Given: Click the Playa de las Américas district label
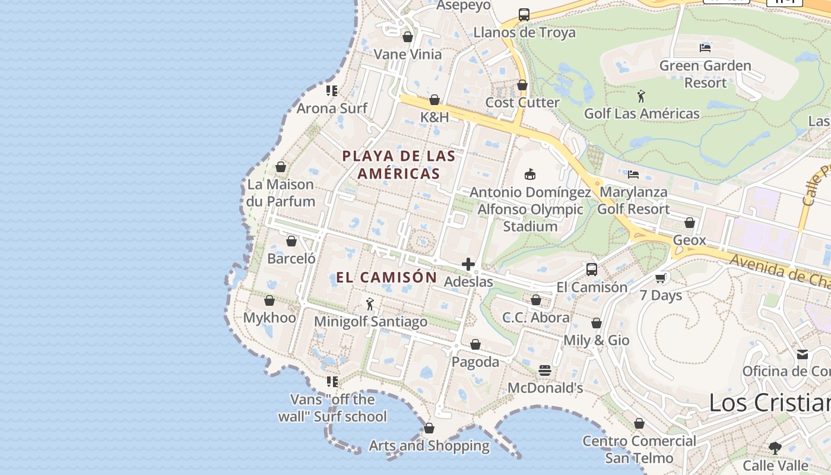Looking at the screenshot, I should coord(399,165).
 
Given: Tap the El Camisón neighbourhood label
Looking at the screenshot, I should coord(386,277).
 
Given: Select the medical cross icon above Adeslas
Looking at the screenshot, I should coord(468,264).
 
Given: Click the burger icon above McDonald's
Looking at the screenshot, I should coord(545,370).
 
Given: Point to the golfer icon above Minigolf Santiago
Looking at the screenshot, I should coord(370,304).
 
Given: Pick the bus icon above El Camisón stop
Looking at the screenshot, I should coord(592,270).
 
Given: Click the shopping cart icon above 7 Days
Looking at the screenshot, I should coord(661,278).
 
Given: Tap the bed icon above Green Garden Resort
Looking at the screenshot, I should coord(705,48).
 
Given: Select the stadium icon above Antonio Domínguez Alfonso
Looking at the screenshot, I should coord(530,174).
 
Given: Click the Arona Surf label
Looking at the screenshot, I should coord(332,108).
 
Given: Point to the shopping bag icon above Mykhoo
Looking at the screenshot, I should coord(269,300).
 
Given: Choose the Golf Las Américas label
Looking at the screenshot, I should coord(642,113).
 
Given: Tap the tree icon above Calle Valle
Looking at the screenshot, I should coord(775,448).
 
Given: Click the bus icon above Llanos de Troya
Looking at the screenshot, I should coord(524,15).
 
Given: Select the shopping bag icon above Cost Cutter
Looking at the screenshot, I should coord(522,85).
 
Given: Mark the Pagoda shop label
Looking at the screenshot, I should coord(475,362).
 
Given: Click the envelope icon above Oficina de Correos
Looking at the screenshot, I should coord(803,354).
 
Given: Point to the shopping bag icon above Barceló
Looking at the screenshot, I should coord(291,241).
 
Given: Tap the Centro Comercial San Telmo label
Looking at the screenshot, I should coord(639,449).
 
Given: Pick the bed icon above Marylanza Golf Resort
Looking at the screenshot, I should coord(633,175).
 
